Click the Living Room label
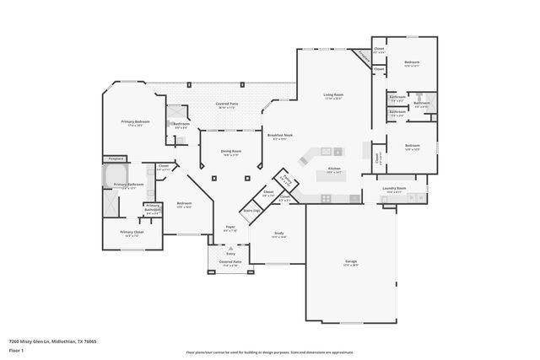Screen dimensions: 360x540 point(332,96)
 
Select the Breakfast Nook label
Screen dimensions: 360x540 point(280,135)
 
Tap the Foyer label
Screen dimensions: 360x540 point(229,227)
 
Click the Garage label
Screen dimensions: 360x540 point(350,262)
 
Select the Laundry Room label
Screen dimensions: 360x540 point(395,189)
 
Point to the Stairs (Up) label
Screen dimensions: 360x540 point(251,210)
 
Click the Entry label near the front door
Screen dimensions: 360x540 point(229,251)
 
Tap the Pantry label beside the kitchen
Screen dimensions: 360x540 point(287,180)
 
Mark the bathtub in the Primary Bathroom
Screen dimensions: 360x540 point(113,176)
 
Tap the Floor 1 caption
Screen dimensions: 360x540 point(16,349)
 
